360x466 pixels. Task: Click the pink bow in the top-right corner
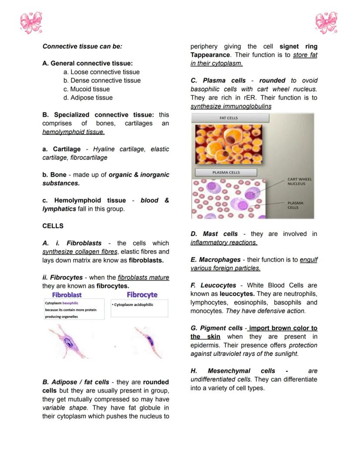click(326, 23)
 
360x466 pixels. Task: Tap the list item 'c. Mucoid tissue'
click(87, 89)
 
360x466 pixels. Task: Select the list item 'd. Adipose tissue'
click(88, 98)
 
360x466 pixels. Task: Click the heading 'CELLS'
click(53, 226)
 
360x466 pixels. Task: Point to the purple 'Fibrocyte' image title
click(142, 295)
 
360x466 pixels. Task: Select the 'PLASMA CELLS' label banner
click(226, 172)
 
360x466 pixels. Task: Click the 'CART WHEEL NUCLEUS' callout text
click(299, 181)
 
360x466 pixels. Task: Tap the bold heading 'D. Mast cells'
click(214, 234)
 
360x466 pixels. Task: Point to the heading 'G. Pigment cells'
click(216, 328)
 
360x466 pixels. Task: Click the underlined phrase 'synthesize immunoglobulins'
click(231, 106)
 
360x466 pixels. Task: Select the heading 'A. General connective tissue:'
click(87, 64)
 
